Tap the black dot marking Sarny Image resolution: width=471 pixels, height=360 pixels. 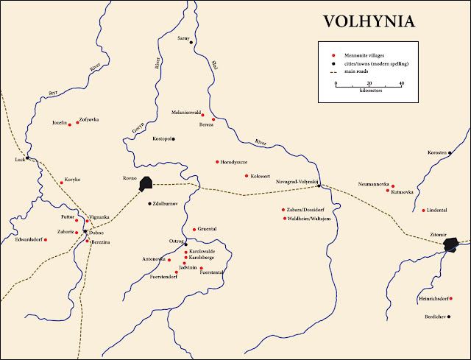(191, 42)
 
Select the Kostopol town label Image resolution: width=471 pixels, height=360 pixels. (161, 138)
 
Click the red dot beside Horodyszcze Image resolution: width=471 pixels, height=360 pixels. (217, 162)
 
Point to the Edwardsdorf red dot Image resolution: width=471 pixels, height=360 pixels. (46, 240)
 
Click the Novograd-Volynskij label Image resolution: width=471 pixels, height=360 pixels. (296, 182)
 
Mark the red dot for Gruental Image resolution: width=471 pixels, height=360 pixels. (194, 230)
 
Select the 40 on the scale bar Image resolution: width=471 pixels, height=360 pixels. (401, 83)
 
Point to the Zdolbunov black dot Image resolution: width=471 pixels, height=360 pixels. (149, 203)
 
